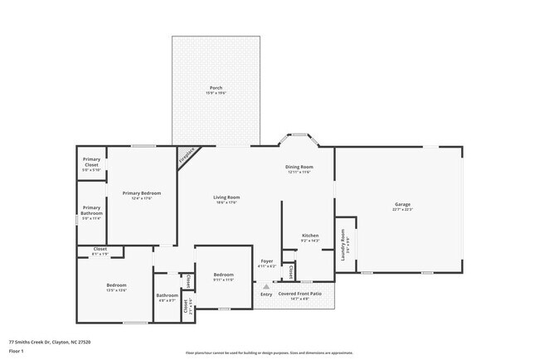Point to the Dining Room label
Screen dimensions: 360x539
299,168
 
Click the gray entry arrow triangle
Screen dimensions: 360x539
266,286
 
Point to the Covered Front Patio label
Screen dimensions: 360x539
299,294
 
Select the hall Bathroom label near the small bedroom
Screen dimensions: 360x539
167,296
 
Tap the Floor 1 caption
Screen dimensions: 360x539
17,351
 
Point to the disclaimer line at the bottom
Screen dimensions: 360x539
269,353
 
